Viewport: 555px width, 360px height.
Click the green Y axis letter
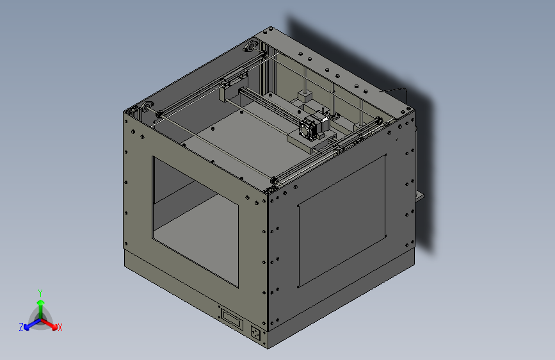[x=40, y=292]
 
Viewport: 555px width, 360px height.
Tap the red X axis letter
[x=60, y=327]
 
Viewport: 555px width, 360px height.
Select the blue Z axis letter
[x=21, y=327]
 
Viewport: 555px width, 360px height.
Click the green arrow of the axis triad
[x=40, y=304]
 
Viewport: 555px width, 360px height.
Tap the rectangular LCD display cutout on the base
[x=231, y=318]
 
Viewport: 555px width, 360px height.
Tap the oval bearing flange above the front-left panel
[x=148, y=106]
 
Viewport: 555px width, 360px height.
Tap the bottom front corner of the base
[x=268, y=348]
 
